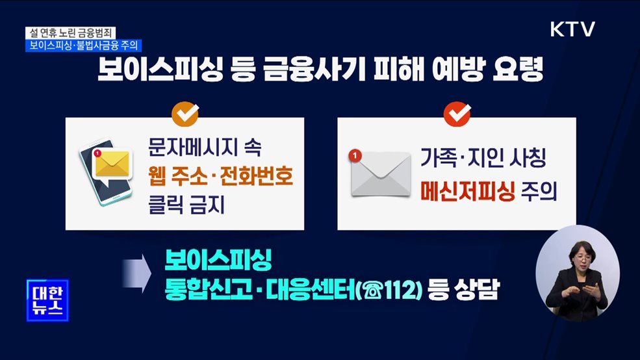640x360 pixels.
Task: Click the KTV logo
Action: [x=572, y=29]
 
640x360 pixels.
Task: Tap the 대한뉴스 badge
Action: [x=47, y=300]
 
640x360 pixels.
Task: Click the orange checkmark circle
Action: [x=185, y=114]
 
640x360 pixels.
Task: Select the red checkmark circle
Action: [x=456, y=114]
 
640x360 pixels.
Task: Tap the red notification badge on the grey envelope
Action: [x=354, y=156]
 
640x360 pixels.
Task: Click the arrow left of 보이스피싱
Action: [x=135, y=272]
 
